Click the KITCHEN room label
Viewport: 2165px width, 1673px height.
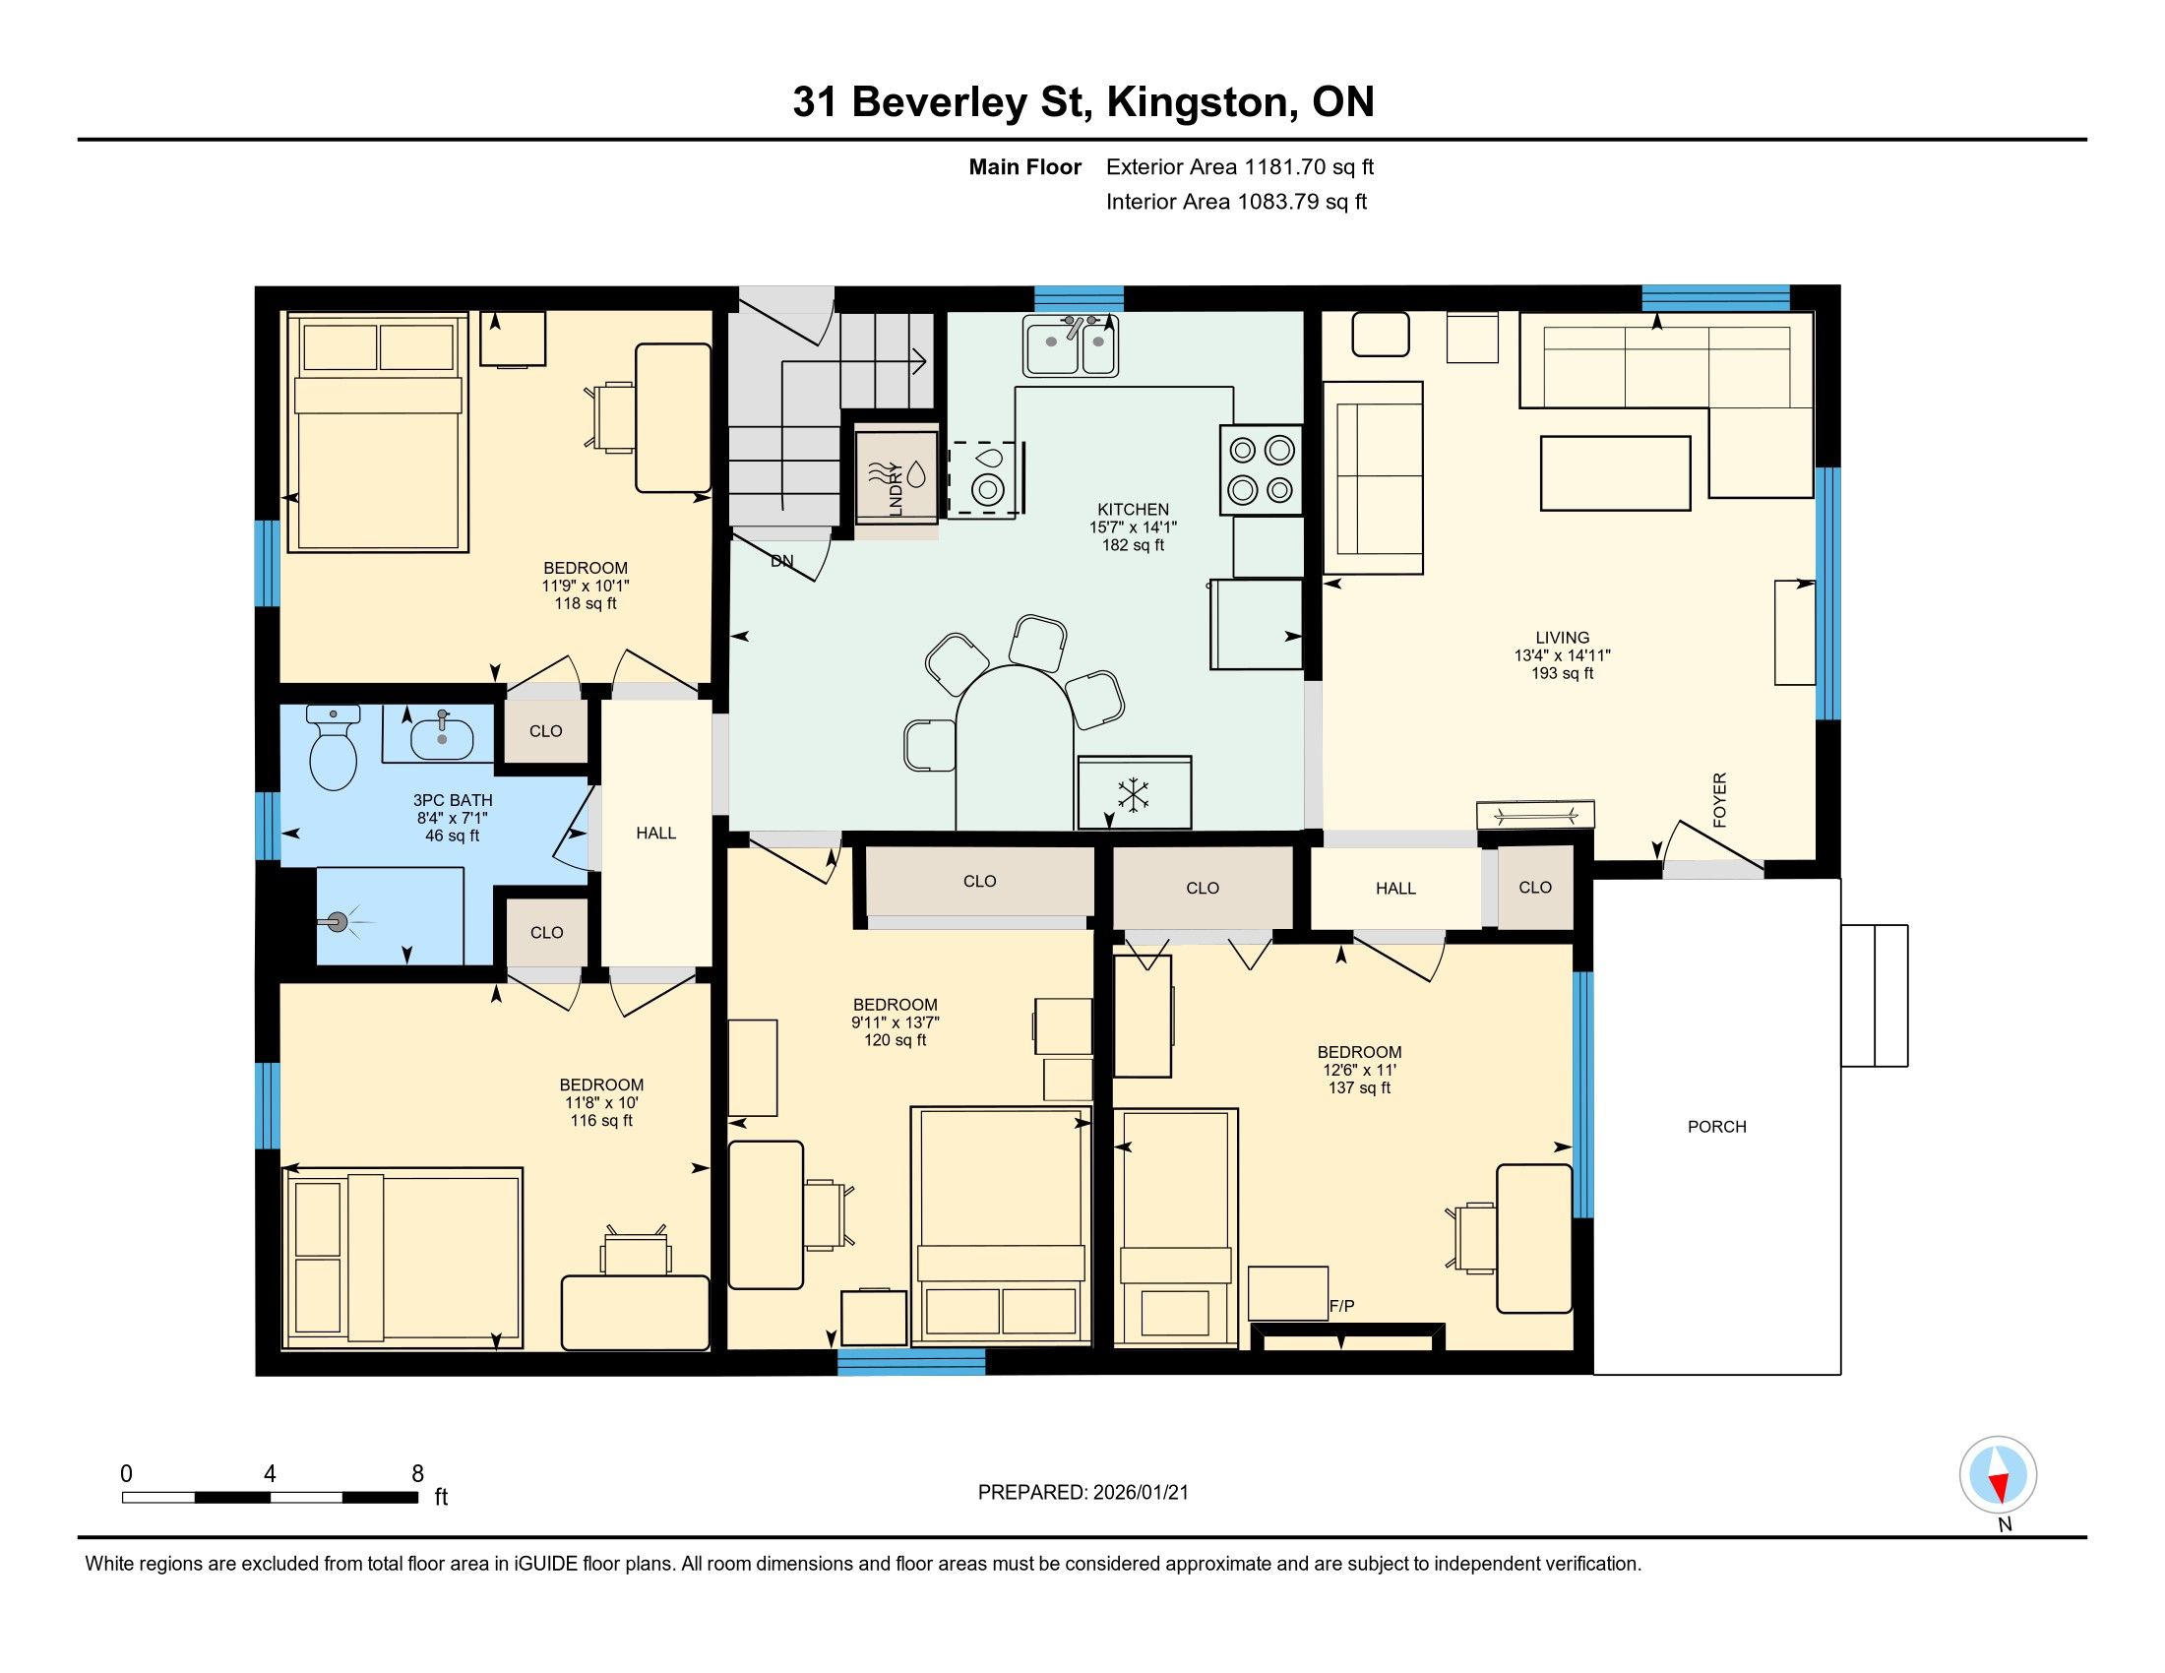1133,510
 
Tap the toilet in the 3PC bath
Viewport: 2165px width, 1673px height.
333,747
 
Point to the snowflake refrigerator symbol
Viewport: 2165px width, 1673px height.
1132,795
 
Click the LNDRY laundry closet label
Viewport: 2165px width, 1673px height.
897,489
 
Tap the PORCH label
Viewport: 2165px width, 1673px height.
1717,1127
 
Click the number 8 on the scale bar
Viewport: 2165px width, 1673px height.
417,1474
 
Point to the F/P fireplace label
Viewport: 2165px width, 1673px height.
1341,1307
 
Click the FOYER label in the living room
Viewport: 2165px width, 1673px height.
1720,800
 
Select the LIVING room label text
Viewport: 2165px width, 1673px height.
1563,639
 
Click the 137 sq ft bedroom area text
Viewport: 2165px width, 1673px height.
1359,1088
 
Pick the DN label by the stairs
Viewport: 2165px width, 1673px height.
782,561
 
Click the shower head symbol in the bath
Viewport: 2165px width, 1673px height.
338,923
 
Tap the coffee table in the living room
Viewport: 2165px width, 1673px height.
1616,473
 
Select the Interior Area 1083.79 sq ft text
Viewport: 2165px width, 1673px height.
1236,202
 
